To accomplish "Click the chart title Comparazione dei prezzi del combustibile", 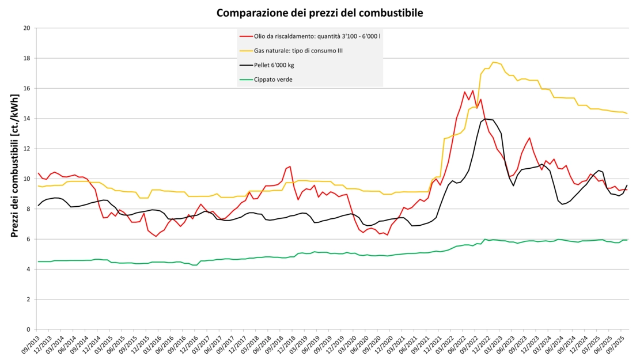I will pos(320,12).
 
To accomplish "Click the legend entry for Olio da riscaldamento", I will pos(317,36).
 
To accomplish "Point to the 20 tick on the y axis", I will pos(26,28).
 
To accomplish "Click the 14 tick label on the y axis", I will pos(26,118).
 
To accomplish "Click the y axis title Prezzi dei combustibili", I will pos(14,179).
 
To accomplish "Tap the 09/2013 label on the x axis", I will pos(30,346).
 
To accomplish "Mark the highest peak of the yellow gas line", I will pos(493,62).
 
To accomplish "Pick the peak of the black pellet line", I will pos(485,119).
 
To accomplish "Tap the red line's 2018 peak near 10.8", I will pos(290,166).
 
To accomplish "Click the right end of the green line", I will pos(627,240).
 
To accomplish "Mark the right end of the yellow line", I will pos(627,113).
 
